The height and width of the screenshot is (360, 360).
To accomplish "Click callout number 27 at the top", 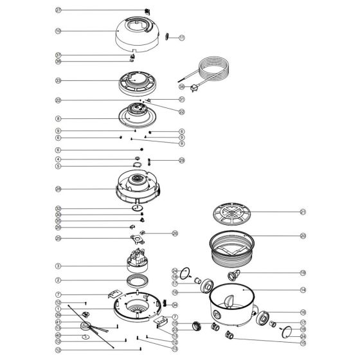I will tap(58, 10).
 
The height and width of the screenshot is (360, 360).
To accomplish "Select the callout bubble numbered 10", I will tap(58, 30).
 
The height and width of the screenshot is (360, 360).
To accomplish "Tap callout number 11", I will tap(181, 39).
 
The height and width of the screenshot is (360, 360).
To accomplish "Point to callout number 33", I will tap(58, 81).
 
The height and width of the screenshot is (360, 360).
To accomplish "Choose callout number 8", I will tap(58, 119).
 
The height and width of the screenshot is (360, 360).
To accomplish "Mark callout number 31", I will tap(181, 99).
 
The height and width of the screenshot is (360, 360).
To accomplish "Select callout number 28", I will tap(58, 189).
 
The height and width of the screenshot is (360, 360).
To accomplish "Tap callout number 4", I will tap(58, 159).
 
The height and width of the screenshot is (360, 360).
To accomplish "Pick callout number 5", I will tap(58, 166).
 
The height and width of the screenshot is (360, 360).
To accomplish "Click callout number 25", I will tap(58, 238).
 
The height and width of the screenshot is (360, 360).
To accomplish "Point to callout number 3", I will tap(58, 265).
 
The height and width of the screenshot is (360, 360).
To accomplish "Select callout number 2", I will tap(58, 280).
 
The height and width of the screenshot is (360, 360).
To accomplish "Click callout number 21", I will tap(303, 212).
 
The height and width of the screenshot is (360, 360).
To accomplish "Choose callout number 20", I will tap(303, 235).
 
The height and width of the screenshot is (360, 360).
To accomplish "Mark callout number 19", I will tap(303, 273).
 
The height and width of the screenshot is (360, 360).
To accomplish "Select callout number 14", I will tap(303, 290).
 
